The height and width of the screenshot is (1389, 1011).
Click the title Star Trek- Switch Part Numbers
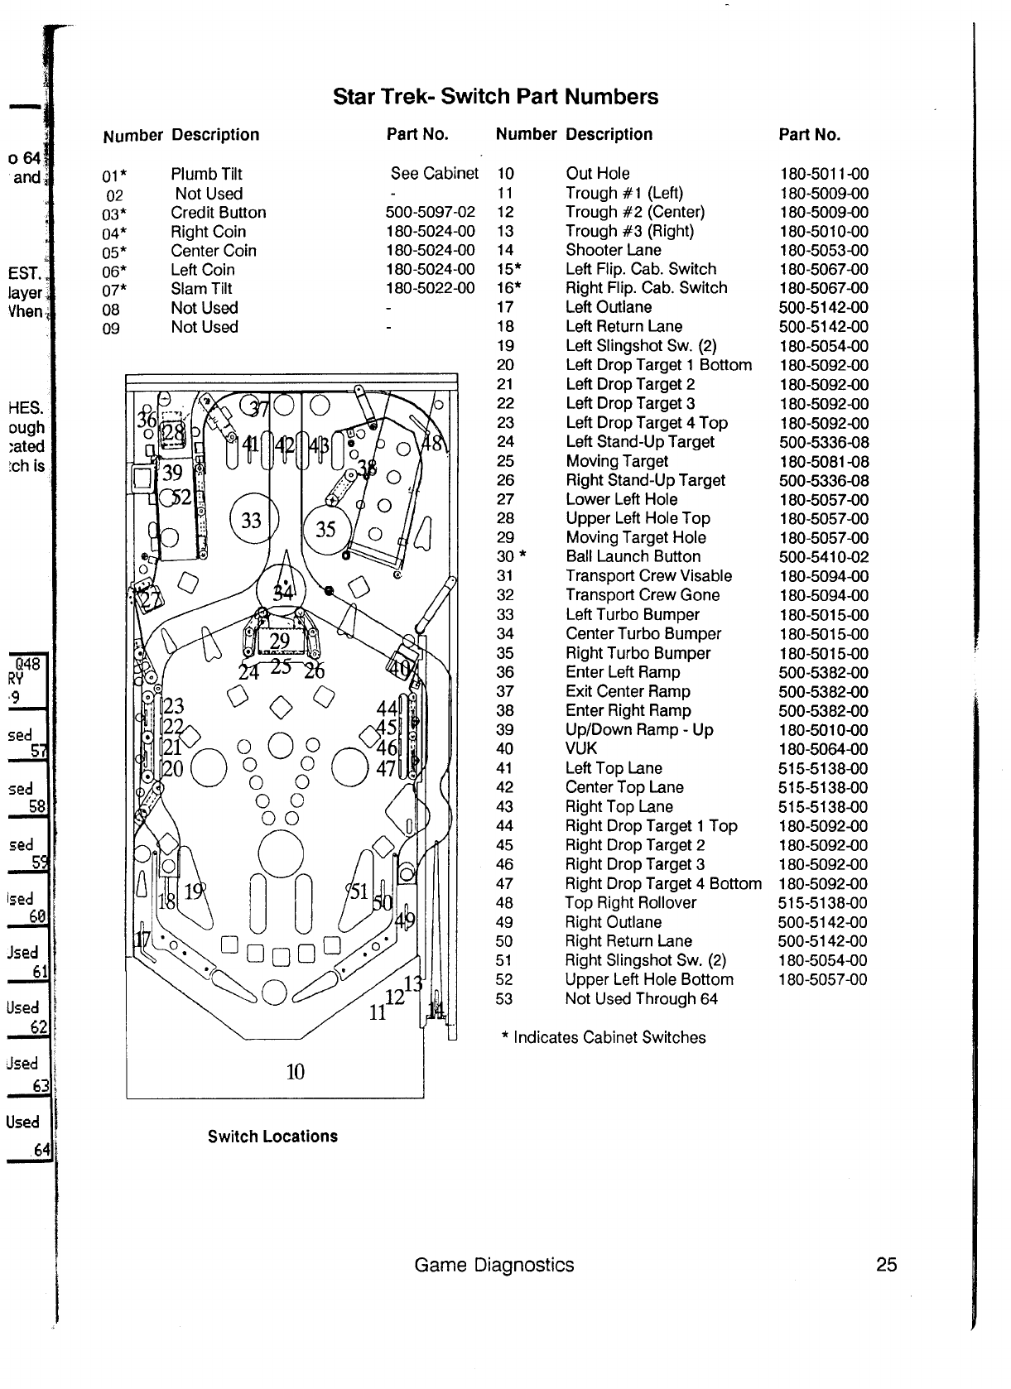coord(495,97)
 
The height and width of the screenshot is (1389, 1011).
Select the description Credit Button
coord(219,213)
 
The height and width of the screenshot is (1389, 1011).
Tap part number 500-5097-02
coord(431,213)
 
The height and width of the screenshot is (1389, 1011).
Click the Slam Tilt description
coord(201,289)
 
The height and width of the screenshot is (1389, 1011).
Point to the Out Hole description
coord(597,174)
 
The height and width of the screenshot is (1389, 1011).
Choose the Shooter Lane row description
coord(613,250)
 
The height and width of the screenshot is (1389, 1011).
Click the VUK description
coord(580,749)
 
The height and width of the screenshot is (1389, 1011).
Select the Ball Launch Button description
coord(633,557)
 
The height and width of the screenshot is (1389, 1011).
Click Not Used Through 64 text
coord(641,999)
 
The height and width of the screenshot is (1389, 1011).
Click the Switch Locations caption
coord(272,1137)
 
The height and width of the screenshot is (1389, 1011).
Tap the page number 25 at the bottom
coord(886,1265)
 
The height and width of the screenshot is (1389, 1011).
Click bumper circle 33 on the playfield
coord(251,521)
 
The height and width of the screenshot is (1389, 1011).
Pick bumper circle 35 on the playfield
coord(326,529)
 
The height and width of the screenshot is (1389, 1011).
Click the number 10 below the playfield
coord(295,1073)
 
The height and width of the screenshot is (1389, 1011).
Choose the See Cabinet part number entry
coord(435,174)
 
